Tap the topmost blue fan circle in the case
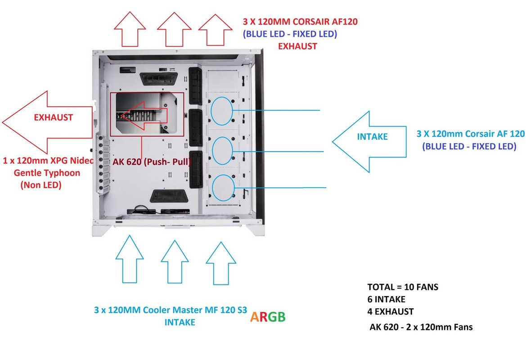pyautogui.click(x=222, y=111)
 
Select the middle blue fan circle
pyautogui.click(x=222, y=151)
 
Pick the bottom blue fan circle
pyautogui.click(x=222, y=187)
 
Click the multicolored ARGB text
pyautogui.click(x=267, y=317)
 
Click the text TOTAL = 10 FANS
pyautogui.click(x=403, y=287)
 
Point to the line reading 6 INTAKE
pyautogui.click(x=386, y=299)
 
